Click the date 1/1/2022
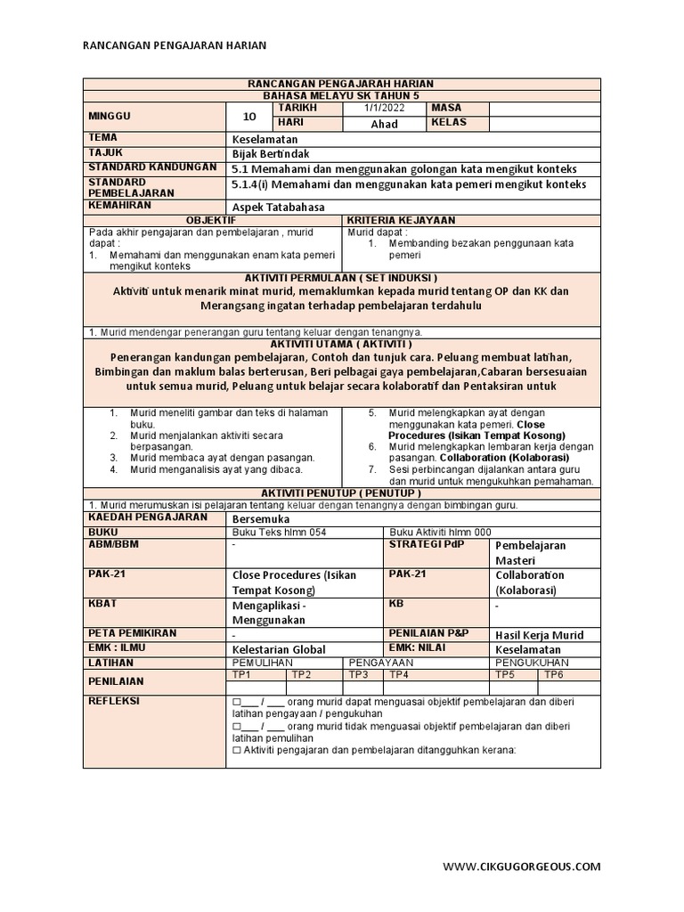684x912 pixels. click(384, 108)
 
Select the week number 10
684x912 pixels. click(249, 116)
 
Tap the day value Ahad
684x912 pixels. click(384, 124)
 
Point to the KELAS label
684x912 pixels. click(449, 123)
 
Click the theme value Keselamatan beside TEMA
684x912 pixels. click(265, 139)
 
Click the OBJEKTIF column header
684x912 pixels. click(211, 219)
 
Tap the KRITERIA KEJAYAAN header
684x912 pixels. click(400, 219)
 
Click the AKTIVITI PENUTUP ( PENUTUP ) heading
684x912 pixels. click(341, 493)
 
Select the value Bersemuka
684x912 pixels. click(260, 517)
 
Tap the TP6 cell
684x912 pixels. click(554, 675)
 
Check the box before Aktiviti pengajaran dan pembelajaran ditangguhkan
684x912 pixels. click(236, 750)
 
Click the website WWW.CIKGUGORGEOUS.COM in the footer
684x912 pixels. click(522, 866)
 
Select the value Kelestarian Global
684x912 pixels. click(278, 649)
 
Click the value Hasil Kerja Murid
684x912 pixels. click(539, 635)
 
